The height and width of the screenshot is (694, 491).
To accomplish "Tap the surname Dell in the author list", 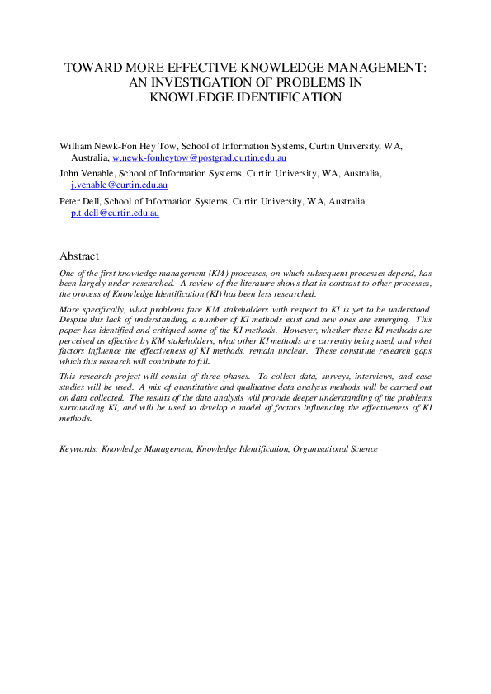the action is (95, 202).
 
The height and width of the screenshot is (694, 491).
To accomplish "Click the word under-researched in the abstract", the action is (122, 283).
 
